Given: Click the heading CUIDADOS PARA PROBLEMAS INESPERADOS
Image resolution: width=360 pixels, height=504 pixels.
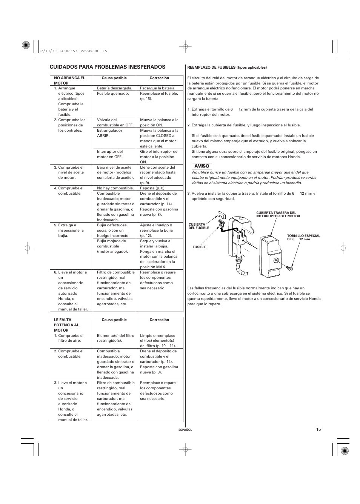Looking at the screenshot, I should [108, 67].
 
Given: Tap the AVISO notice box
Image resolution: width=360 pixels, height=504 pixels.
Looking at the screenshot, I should [202, 166].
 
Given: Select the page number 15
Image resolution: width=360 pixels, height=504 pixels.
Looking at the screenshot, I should [318, 429].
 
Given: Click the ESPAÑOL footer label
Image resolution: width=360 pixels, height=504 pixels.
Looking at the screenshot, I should [185, 430].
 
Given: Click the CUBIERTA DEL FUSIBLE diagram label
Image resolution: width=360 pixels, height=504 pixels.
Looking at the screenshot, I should [199, 226].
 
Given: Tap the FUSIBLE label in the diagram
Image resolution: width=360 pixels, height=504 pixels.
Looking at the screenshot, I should [199, 247].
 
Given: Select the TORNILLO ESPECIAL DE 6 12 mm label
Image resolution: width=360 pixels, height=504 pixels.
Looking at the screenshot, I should [303, 237].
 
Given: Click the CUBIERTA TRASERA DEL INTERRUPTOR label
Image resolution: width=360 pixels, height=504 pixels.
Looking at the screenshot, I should [278, 214].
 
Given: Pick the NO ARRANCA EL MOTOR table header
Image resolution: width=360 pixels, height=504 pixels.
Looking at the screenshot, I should [70, 80].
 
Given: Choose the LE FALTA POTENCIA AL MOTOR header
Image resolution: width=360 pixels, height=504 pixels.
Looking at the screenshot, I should [67, 325].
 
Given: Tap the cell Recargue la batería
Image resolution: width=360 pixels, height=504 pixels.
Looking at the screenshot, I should [158, 88].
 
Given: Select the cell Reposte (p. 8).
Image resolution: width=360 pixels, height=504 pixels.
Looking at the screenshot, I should [153, 188].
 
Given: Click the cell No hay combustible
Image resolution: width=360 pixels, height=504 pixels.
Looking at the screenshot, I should [115, 188].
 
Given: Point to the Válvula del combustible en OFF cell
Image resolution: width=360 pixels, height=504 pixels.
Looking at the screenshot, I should [115, 122].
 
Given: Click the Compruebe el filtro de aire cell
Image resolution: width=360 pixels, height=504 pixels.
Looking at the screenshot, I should [71, 338].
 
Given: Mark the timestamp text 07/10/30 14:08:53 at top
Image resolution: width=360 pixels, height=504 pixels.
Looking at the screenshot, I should [72, 51].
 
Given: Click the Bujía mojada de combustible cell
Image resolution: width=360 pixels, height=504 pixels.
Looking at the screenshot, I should [112, 246].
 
